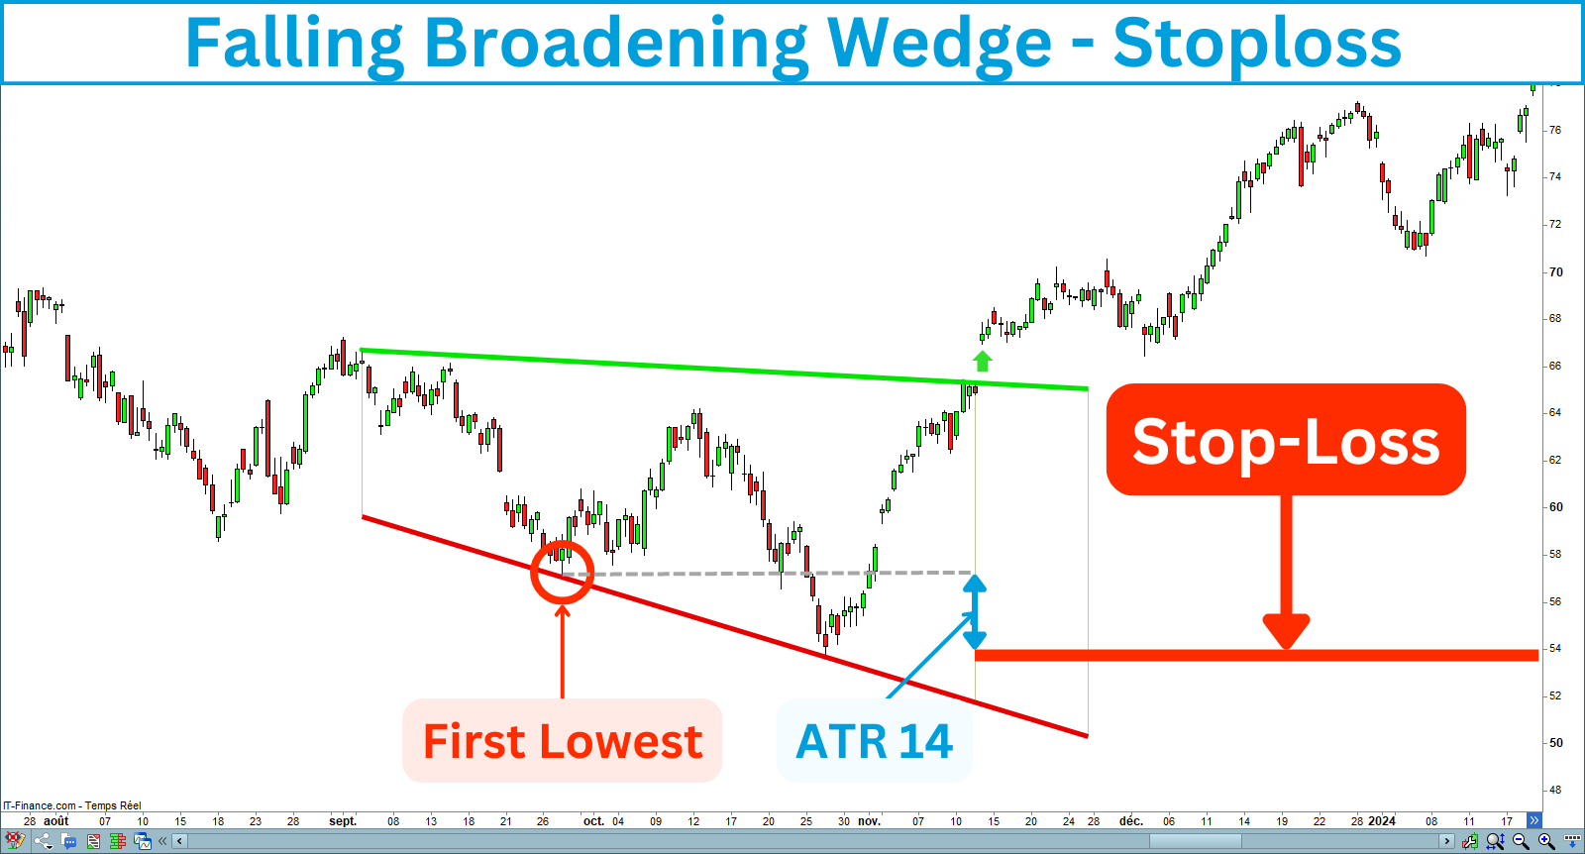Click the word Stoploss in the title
point(1256,44)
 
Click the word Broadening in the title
point(614,44)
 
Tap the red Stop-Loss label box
point(1285,440)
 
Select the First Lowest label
point(562,741)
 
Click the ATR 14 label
point(874,741)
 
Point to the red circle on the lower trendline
point(562,572)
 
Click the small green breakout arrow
point(982,361)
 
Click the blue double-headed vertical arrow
point(975,612)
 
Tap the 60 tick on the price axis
point(1555,507)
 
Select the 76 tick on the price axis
point(1555,130)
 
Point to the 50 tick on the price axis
point(1555,743)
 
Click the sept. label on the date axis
point(343,821)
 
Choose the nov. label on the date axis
point(869,821)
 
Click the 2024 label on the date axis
point(1381,821)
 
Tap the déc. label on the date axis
point(1130,821)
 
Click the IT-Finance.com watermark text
point(71,805)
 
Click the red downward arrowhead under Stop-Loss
point(1286,631)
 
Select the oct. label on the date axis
point(593,821)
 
